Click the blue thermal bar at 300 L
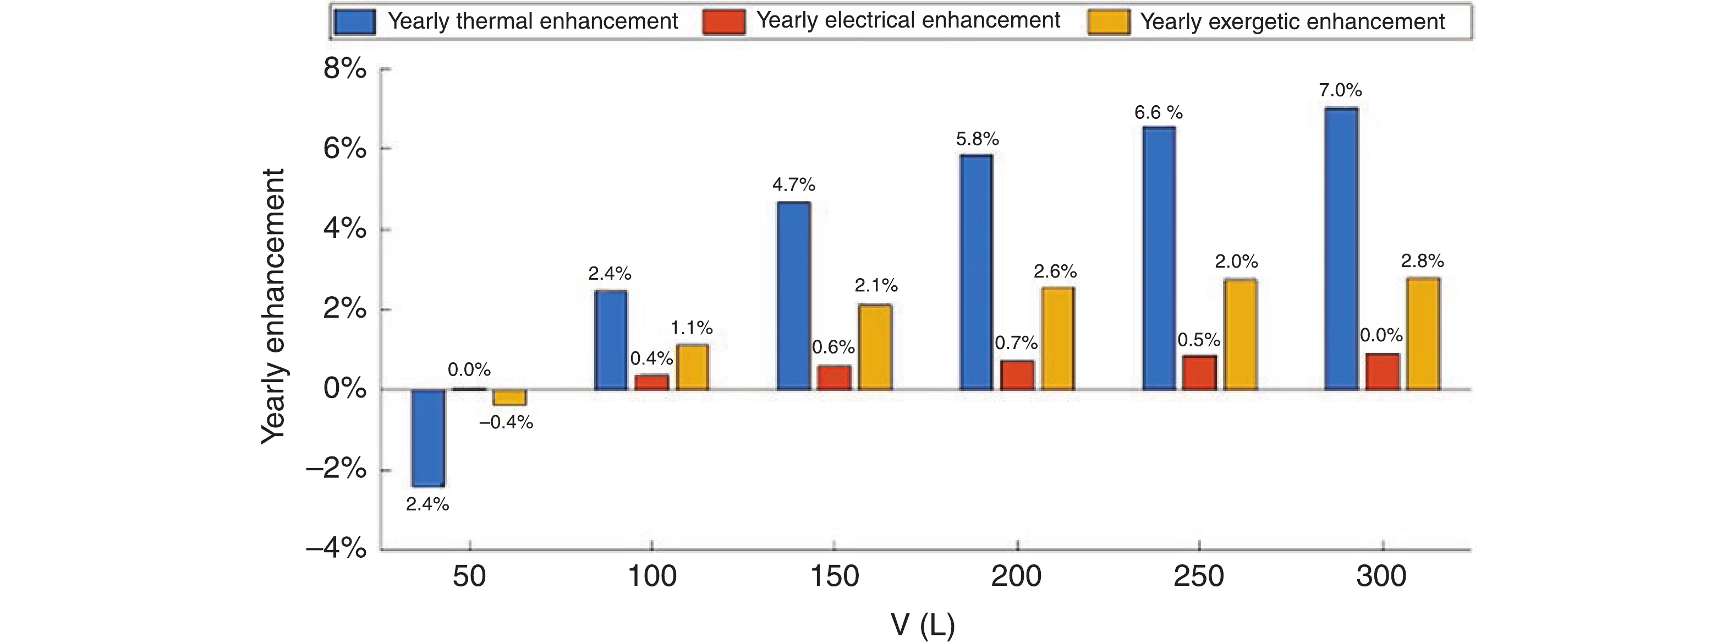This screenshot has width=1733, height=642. (x=1341, y=248)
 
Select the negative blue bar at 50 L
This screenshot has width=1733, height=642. (x=428, y=437)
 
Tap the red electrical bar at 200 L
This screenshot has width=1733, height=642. (x=1017, y=376)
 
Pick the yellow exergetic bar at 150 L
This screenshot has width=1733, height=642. (x=875, y=347)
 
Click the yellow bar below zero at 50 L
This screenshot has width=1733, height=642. (x=509, y=398)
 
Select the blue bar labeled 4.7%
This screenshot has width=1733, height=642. (x=794, y=296)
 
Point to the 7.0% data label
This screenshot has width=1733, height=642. (x=1340, y=90)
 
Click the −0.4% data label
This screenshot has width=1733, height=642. (x=506, y=423)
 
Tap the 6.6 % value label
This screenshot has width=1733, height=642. (x=1158, y=112)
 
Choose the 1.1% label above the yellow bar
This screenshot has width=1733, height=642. (x=692, y=328)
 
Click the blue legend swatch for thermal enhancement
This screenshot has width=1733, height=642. (x=354, y=21)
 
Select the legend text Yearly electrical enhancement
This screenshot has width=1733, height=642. (x=908, y=20)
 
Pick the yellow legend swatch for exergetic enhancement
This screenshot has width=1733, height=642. (x=1108, y=21)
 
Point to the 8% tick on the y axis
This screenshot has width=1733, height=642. (x=345, y=69)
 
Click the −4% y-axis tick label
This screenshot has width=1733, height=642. (x=336, y=549)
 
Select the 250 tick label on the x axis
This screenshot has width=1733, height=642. (x=1199, y=576)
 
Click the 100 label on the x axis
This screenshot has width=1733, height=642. (x=652, y=576)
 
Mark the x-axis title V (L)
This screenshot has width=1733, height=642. (x=922, y=624)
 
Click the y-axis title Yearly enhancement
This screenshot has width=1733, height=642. (x=273, y=306)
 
